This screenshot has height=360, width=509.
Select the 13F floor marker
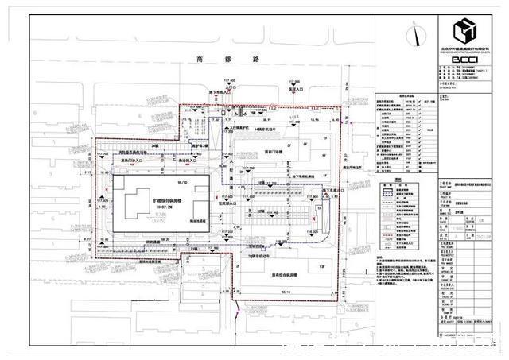pos(322,267)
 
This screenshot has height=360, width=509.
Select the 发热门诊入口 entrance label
pos(128,161)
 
